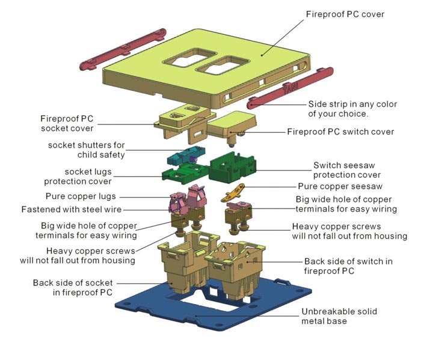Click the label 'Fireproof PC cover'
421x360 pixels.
tap(345, 14)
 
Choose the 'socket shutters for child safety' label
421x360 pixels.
tap(87, 150)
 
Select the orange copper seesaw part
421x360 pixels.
tap(238, 193)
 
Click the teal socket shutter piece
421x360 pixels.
tap(183, 156)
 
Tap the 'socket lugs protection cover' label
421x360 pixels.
tap(78, 177)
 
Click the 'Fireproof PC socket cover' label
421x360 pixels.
tap(67, 123)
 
